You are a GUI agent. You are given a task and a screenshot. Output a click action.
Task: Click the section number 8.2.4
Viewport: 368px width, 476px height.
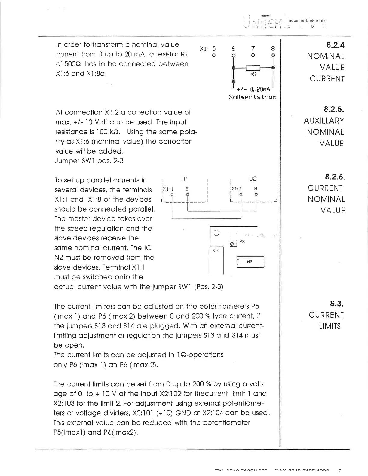335,45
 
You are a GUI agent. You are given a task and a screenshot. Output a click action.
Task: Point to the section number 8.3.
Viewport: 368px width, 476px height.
336,304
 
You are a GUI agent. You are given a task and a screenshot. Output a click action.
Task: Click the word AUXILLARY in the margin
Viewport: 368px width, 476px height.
324,121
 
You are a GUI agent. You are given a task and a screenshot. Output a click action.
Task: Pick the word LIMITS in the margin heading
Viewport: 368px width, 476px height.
330,326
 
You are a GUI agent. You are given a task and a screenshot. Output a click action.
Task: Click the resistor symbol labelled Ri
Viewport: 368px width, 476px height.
253,68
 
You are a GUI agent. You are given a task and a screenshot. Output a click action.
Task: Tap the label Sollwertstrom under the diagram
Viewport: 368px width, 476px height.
253,97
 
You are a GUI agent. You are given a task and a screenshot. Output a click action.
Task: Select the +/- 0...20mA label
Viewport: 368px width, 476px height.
253,89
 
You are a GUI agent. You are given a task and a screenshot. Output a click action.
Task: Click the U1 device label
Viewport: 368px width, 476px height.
184,179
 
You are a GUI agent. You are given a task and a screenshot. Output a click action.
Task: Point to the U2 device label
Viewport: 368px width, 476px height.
253,179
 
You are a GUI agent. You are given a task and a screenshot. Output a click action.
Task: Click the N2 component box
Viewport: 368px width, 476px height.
250,262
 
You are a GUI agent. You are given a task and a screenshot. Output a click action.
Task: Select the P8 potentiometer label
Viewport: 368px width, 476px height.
242,242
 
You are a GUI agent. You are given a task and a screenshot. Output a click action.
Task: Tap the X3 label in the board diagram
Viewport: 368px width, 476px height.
215,250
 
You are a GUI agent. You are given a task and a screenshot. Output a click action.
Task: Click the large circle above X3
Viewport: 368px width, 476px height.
216,233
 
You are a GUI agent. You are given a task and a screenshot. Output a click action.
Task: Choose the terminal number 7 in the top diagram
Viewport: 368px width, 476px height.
253,48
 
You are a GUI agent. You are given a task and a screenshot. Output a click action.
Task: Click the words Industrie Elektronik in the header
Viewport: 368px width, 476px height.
306,20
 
